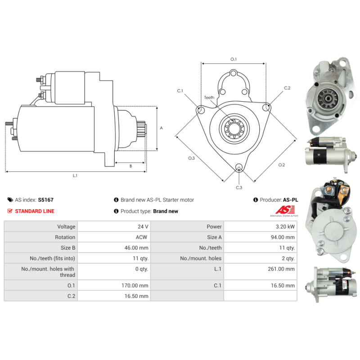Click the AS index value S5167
[46, 200]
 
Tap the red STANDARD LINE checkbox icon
[10, 211]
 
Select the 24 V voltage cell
[143, 227]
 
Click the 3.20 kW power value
[285, 227]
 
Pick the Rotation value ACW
[141, 237]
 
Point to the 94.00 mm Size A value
[283, 237]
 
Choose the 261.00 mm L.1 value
[281, 269]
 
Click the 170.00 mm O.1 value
[135, 285]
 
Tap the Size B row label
[68, 248]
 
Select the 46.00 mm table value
[136, 248]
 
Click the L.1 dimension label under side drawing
[75, 175]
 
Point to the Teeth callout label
[209, 97]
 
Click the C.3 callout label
[239, 188]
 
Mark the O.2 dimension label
[282, 165]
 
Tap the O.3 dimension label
[191, 158]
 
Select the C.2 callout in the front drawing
[287, 88]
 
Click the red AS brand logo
[285, 210]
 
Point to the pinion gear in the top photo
[327, 99]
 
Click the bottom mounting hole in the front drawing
[239, 167]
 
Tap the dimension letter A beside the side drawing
[161, 128]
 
